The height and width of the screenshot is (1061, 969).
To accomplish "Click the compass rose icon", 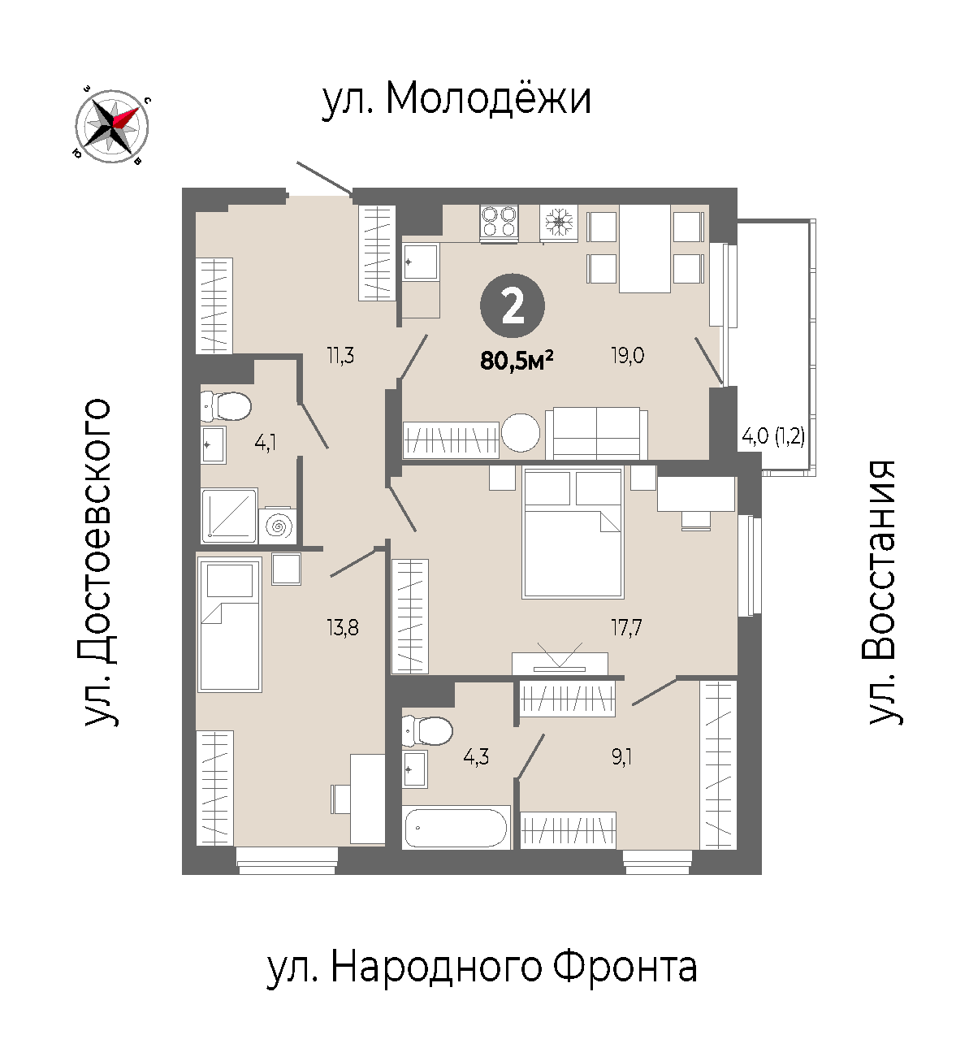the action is [111, 127].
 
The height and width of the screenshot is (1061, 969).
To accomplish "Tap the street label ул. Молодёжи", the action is [456, 99].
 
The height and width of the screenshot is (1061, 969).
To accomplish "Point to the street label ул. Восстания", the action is [885, 592].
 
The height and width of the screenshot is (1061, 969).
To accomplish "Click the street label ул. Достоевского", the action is [98, 562].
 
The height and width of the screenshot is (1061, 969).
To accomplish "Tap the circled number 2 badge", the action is [512, 306].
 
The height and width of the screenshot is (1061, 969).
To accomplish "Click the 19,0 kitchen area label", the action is [628, 356].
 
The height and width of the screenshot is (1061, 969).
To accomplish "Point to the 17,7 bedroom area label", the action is [626, 628].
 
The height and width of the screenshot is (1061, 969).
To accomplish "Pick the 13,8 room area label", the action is [343, 628].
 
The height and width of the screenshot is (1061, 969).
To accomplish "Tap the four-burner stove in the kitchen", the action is [499, 223].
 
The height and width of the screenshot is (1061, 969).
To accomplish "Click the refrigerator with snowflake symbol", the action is [559, 223].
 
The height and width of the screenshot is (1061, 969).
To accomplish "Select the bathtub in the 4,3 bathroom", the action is [456, 827].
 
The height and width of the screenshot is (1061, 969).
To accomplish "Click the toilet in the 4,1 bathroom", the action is [225, 406].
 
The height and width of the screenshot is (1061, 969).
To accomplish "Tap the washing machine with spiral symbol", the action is [278, 526].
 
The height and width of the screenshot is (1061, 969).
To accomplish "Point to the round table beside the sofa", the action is [521, 433].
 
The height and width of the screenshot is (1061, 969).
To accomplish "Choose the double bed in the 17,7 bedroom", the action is [573, 533].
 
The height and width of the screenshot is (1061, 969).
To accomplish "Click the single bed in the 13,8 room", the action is [230, 625].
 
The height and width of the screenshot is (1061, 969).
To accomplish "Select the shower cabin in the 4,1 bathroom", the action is [229, 516].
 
